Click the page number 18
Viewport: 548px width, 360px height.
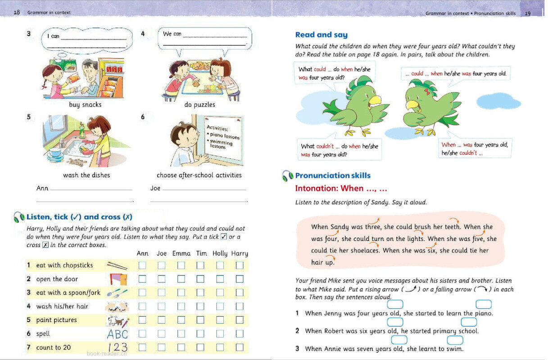point(17,12)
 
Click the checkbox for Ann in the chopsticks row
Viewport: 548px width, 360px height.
point(142,265)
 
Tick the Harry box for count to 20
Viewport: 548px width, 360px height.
point(240,347)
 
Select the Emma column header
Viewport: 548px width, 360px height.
point(181,253)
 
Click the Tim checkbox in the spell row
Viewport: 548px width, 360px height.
point(201,334)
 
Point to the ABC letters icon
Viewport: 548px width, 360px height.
point(117,334)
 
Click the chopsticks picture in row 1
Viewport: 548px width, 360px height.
point(117,265)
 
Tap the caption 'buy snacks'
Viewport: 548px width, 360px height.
point(85,105)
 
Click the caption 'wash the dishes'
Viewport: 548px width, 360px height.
point(86,175)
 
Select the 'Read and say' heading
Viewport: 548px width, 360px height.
point(321,35)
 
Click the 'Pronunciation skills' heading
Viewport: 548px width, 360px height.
point(333,175)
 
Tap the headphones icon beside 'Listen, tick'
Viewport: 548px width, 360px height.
point(19,217)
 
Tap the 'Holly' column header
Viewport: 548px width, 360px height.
point(220,253)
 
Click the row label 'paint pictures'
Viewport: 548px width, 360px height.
point(56,320)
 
